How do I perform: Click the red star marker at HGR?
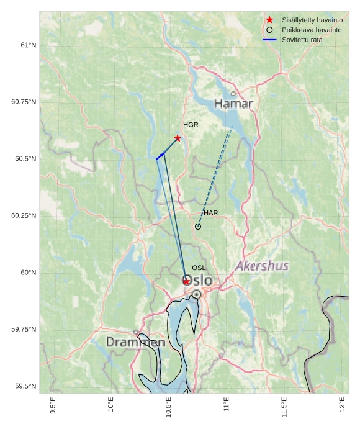[178, 138]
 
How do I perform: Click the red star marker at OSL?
[186, 281]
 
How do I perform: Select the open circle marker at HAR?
[198, 227]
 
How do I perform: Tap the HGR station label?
[191, 125]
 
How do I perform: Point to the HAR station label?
[211, 213]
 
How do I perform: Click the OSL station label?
[199, 268]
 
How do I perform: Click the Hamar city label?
[233, 104]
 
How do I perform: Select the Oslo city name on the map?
[198, 281]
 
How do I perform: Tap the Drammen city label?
[135, 342]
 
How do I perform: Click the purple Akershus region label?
[262, 266]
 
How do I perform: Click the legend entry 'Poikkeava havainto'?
[311, 30]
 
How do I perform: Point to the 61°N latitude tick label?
[28, 45]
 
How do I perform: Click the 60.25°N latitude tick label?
[24, 215]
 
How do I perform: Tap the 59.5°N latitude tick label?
[25, 386]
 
